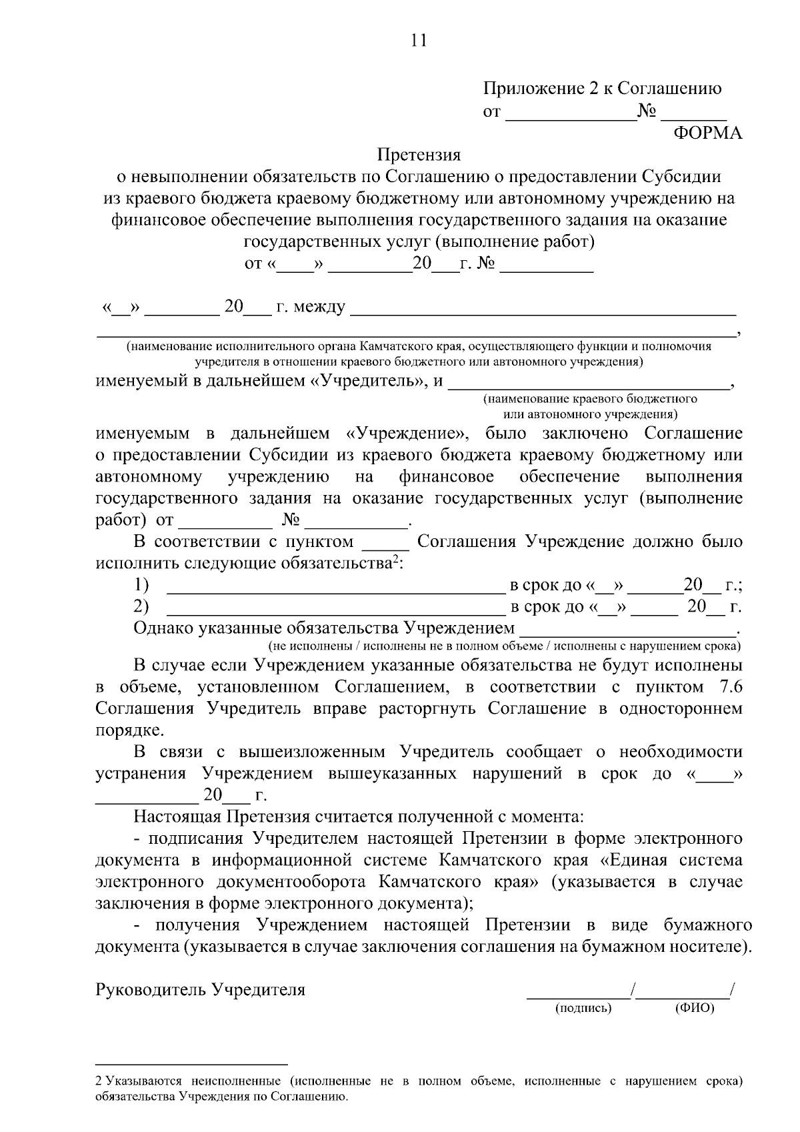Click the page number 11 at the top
point(419,41)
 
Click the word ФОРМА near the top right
point(708,133)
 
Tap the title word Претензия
point(419,155)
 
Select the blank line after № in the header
point(693,113)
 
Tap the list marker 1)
point(141,585)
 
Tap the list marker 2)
point(141,606)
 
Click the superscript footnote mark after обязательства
point(395,558)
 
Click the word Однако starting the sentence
point(163,628)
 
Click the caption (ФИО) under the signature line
point(694,1009)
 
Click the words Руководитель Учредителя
point(200,990)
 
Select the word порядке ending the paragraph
point(127,730)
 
